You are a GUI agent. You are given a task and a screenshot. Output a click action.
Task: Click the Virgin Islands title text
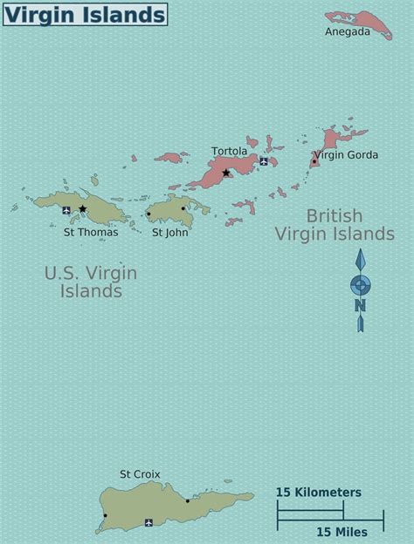(x=85, y=14)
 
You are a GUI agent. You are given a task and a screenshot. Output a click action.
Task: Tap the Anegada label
(x=348, y=32)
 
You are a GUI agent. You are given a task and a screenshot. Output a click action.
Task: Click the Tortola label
(x=229, y=151)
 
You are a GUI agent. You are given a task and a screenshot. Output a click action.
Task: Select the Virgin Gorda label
(x=347, y=155)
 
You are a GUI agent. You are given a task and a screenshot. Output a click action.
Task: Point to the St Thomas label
(x=91, y=232)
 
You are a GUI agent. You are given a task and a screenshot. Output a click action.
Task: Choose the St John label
(x=169, y=232)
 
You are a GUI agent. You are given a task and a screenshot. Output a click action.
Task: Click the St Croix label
(x=140, y=473)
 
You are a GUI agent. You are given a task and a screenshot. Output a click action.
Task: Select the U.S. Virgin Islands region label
(x=91, y=282)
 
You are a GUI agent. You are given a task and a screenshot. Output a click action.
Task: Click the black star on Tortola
(x=226, y=173)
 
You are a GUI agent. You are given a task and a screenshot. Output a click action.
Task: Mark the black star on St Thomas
(x=83, y=209)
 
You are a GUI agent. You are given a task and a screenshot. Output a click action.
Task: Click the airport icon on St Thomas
(x=66, y=210)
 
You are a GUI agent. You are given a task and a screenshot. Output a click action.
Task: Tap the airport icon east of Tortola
(x=264, y=161)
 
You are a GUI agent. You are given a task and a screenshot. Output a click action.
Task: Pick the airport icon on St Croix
(x=148, y=522)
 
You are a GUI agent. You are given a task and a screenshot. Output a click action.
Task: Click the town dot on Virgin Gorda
(x=314, y=161)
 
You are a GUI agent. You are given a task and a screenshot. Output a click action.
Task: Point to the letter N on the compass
(x=360, y=305)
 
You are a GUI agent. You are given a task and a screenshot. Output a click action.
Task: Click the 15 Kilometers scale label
(x=318, y=493)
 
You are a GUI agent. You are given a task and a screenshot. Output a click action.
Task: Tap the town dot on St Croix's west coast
(x=105, y=515)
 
